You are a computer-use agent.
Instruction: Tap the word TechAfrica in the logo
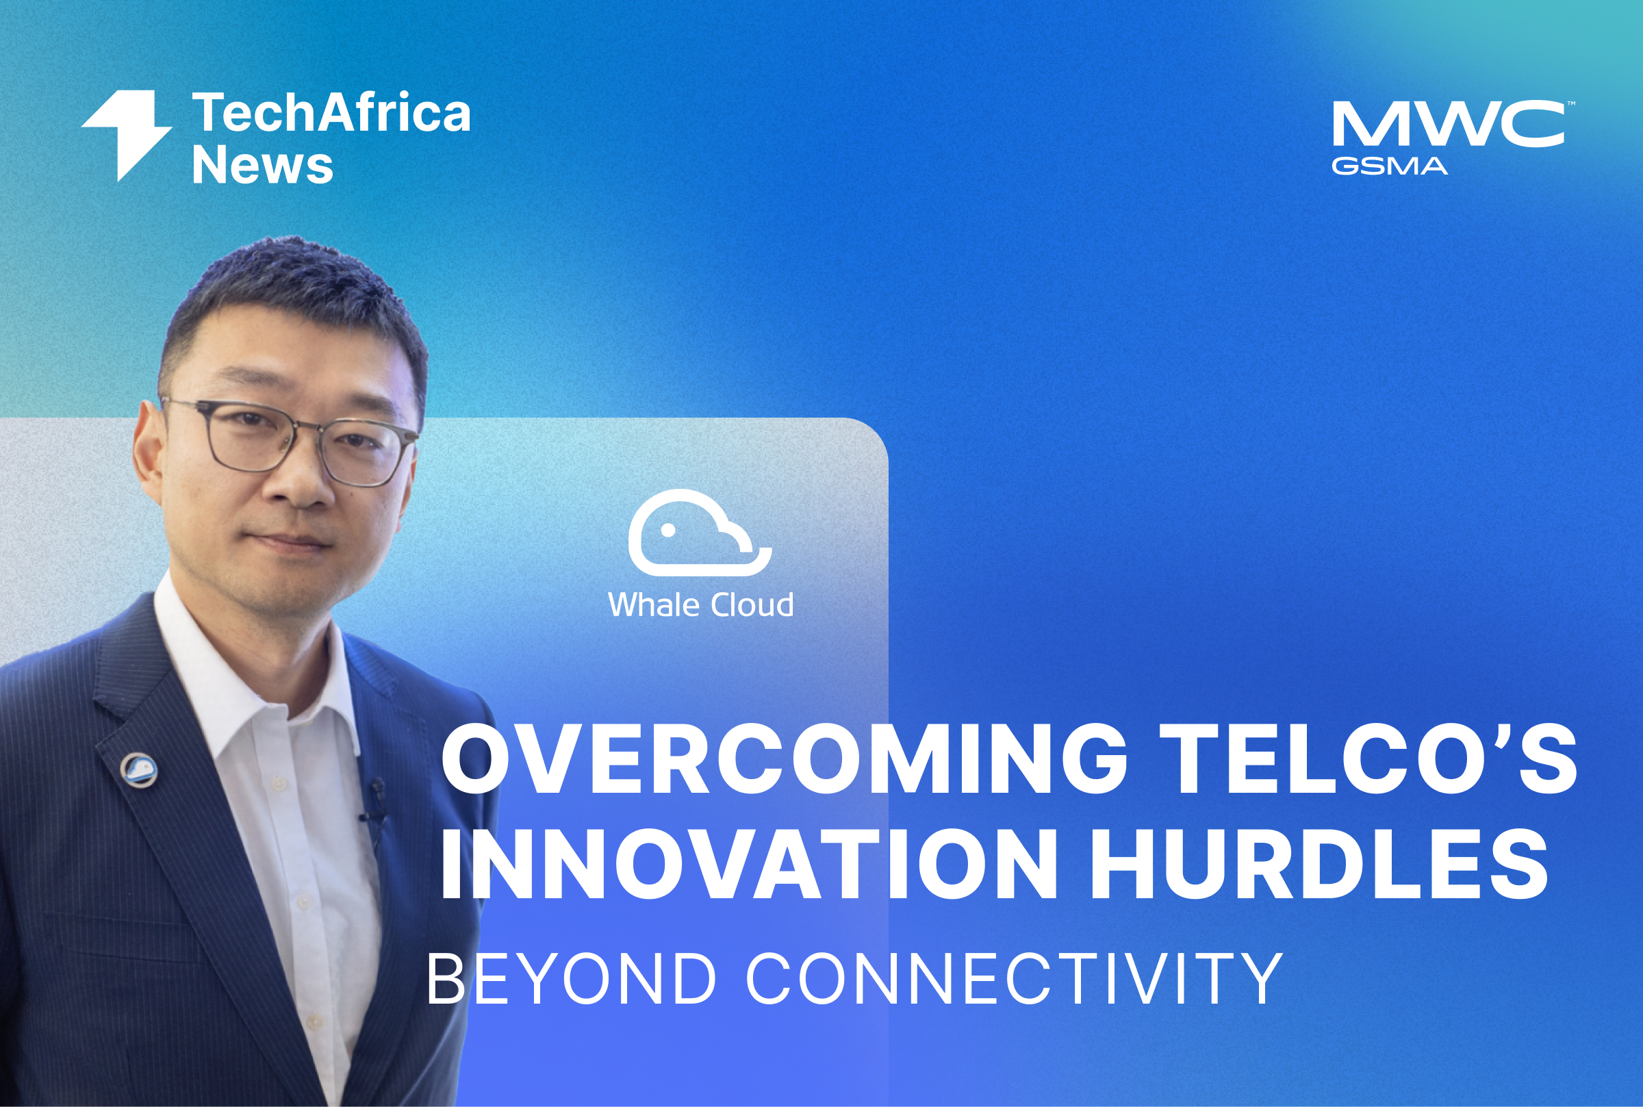[331, 112]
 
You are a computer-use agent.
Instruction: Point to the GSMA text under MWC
[1390, 166]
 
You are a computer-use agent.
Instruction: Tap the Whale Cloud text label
[701, 605]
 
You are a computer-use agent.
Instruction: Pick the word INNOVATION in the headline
[749, 864]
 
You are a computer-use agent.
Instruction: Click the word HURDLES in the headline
[1319, 864]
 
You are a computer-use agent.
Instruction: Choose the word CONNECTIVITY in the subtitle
[1014, 978]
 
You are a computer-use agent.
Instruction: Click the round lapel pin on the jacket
[138, 769]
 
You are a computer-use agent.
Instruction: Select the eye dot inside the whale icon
[667, 530]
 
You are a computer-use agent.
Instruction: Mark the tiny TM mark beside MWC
[1571, 104]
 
